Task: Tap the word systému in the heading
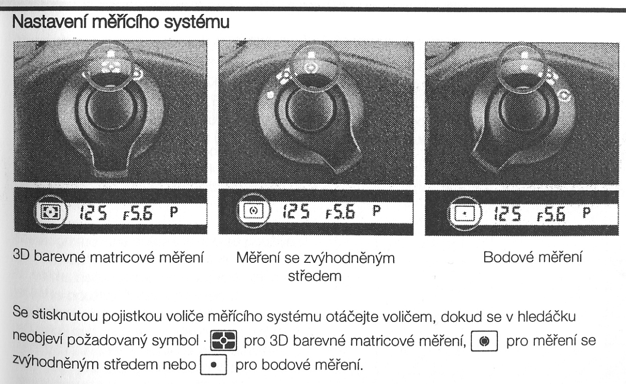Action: [x=196, y=23]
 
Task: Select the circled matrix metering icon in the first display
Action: [x=51, y=212]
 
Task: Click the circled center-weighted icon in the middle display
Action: [x=253, y=210]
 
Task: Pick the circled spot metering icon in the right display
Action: [x=464, y=213]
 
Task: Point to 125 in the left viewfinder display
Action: [x=93, y=213]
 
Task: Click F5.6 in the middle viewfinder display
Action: [x=340, y=211]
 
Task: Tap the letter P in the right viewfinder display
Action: [x=586, y=213]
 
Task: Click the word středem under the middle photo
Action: [x=315, y=276]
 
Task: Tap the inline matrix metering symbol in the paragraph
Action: [x=223, y=340]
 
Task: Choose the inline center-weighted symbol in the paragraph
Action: [x=484, y=340]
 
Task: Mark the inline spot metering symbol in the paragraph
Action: [x=213, y=364]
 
